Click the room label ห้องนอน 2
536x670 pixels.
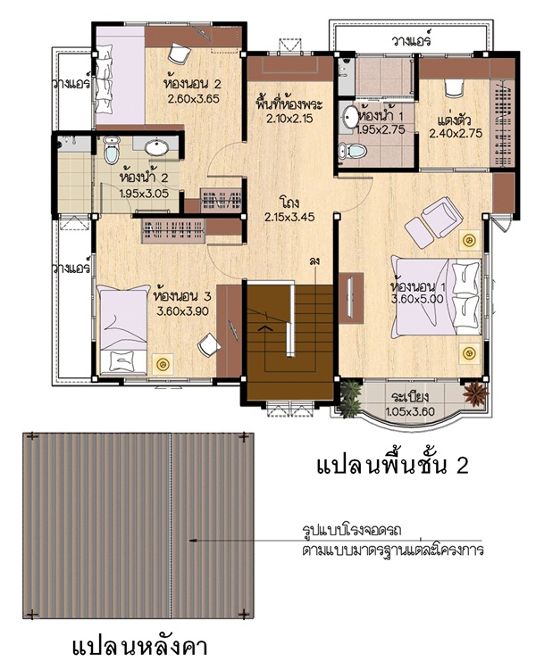[192, 83]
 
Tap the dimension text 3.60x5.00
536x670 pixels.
[417, 299]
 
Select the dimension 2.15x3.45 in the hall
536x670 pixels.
[289, 217]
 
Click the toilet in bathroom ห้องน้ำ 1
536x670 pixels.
[353, 151]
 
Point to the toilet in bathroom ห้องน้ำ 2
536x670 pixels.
[112, 150]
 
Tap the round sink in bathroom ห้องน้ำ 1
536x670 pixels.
[351, 117]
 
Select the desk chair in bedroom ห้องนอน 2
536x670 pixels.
[179, 53]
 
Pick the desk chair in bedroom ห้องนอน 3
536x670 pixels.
[209, 344]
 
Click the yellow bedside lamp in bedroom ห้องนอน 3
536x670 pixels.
[163, 365]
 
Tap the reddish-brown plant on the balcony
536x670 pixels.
[475, 393]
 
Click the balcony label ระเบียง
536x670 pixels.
[410, 397]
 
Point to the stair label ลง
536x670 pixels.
[314, 261]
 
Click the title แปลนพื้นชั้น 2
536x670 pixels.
[392, 466]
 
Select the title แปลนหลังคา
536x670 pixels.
[139, 648]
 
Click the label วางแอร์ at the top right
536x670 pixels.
[411, 41]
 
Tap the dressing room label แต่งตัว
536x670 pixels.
[454, 120]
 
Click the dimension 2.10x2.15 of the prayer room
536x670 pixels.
[289, 119]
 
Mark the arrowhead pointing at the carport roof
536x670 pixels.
[192, 541]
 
